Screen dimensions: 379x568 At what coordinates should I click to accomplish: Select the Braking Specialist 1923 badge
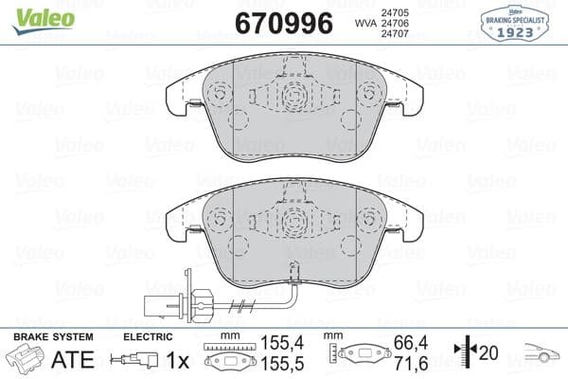524,21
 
